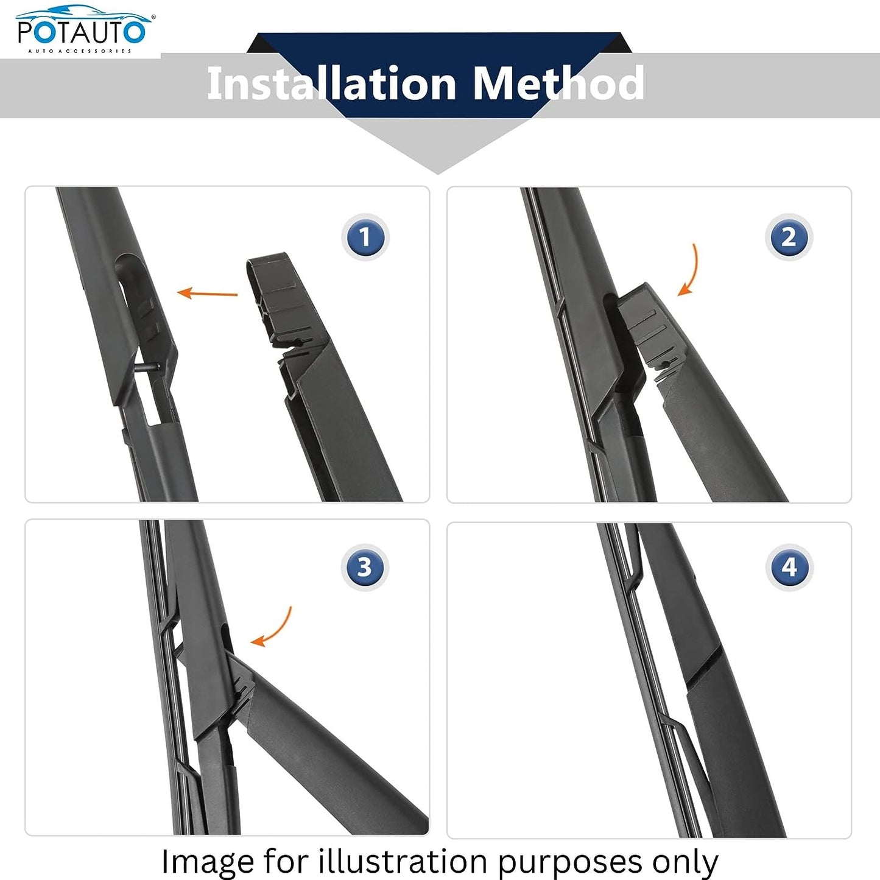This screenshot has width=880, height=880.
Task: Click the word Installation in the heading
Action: coord(332,83)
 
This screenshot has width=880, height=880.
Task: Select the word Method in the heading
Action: coord(558,83)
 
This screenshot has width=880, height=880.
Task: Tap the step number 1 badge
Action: coord(365,238)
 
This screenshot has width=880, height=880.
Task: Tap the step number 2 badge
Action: coord(789,238)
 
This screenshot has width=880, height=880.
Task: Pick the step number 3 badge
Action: coord(364,568)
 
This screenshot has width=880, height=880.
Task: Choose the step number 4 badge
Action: coord(789,568)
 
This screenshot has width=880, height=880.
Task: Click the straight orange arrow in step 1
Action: coord(207,294)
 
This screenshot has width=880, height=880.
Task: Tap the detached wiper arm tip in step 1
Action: coord(274,298)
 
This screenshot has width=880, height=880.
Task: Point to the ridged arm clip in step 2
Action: coord(649,329)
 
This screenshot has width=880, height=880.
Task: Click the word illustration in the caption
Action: coord(403,862)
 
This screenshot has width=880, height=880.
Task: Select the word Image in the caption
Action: coord(208,862)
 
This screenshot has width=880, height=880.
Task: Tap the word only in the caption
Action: coord(685,862)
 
